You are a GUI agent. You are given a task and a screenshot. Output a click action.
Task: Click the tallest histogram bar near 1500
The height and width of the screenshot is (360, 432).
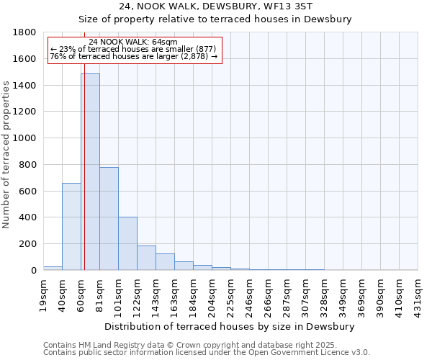(x=90, y=173)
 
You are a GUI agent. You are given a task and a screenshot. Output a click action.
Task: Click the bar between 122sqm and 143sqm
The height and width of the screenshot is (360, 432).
(x=146, y=258)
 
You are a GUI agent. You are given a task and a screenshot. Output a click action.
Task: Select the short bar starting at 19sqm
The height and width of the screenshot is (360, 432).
(x=53, y=268)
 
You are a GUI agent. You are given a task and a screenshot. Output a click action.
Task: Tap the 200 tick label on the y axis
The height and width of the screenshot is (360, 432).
(x=30, y=244)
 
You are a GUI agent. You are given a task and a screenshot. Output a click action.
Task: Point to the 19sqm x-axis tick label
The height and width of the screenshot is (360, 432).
(x=44, y=292)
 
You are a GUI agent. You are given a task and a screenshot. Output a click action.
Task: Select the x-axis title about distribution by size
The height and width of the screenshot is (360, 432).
(x=230, y=326)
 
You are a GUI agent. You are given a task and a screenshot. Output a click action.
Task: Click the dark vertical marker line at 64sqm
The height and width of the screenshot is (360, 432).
(x=84, y=180)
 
